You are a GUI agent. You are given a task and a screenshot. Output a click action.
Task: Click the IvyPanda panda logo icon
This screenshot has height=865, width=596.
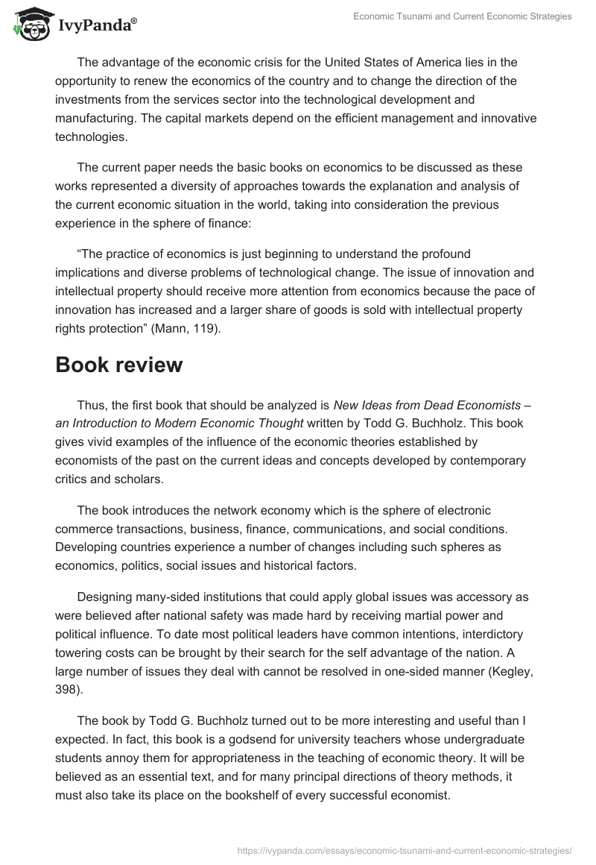click(x=30, y=24)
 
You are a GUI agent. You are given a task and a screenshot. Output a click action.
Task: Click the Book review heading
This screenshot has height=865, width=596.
click(x=118, y=365)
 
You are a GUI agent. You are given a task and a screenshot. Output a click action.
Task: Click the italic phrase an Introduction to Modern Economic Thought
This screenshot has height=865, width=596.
click(x=180, y=424)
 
